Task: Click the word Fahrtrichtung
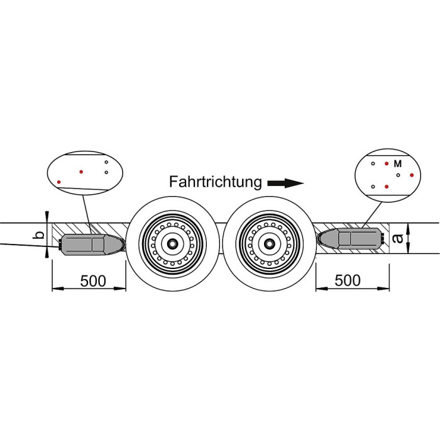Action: coord(215,182)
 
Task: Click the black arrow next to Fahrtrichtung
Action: coord(285,184)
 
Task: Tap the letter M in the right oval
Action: coord(397,163)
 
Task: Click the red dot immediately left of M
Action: coord(387,163)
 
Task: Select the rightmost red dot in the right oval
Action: coord(412,175)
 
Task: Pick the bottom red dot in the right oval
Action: coord(387,187)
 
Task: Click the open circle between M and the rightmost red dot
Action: coord(399,175)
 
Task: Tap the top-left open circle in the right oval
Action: coord(373,163)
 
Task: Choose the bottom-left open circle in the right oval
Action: coord(373,187)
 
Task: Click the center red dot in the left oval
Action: coord(80,171)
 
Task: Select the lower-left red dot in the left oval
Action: coord(59,182)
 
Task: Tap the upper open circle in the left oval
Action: coord(107,163)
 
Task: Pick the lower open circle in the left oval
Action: coord(107,172)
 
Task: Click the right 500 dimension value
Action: coord(348,280)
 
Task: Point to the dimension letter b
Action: coord(40,236)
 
